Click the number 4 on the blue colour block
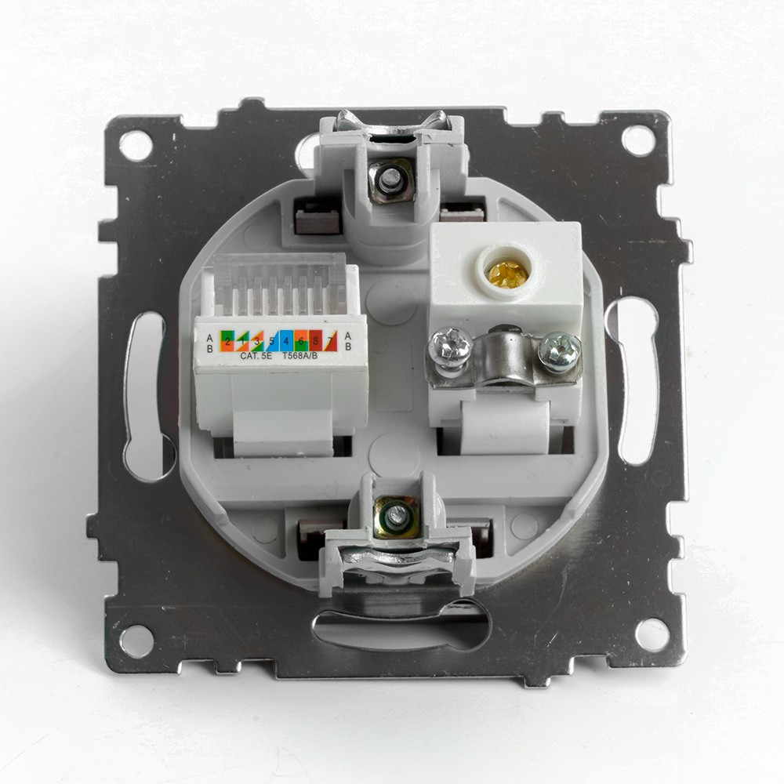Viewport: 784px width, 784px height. (286, 342)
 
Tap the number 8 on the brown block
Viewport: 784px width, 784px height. (314, 342)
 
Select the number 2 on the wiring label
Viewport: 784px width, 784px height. (227, 342)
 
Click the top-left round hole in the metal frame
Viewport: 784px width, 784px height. (136, 146)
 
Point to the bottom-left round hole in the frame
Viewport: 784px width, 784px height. (136, 640)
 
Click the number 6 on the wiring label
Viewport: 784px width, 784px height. (301, 342)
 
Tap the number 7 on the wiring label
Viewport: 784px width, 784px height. (330, 342)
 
